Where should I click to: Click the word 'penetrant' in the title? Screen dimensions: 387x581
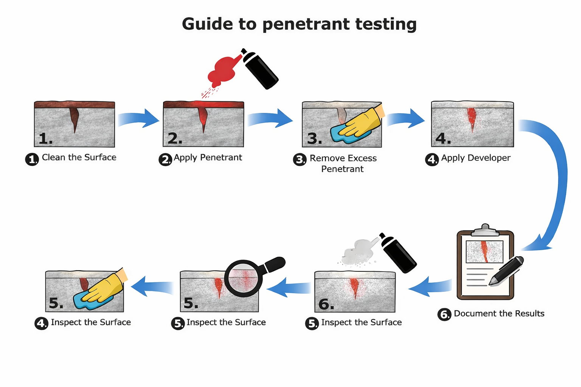306,24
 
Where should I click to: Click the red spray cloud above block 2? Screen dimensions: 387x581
222,71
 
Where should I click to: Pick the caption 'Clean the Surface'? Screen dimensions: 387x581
79,158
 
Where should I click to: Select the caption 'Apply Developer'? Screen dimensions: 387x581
475,158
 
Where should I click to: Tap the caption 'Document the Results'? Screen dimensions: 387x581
499,314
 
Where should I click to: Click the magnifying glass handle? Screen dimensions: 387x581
275,264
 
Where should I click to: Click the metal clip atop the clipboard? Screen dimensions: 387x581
485,229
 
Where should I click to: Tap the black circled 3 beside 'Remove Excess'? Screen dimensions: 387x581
300,159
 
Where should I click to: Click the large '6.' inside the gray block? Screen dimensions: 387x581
326,304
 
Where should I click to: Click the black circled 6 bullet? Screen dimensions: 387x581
444,314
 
